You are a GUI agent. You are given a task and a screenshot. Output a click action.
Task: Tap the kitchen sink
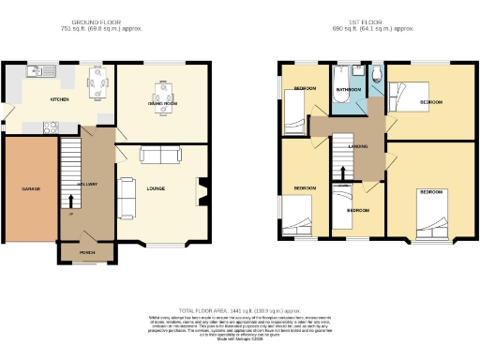41,70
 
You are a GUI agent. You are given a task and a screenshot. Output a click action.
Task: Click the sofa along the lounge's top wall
160,155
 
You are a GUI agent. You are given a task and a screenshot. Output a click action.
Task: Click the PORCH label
86,252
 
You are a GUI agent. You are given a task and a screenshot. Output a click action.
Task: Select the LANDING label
357,147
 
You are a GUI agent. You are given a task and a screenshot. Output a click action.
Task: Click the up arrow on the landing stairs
344,171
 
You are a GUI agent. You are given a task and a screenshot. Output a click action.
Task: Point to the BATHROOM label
349,90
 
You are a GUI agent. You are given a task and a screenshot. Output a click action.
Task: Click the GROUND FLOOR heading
100,21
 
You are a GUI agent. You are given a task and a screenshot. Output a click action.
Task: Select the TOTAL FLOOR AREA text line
239,309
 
